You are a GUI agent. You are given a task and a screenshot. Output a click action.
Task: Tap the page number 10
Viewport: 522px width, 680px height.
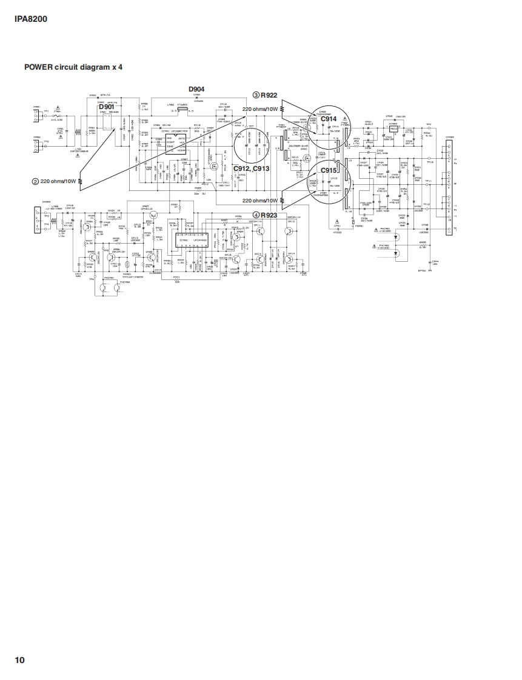pyautogui.click(x=20, y=659)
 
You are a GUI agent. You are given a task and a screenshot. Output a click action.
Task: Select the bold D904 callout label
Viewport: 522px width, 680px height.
pyautogui.click(x=196, y=88)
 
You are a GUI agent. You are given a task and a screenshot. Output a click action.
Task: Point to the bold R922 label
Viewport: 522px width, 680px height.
pyautogui.click(x=269, y=95)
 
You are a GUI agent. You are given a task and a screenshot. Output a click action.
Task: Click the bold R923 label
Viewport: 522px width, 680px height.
pyautogui.click(x=269, y=215)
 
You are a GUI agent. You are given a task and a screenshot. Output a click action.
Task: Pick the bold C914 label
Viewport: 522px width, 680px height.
pyautogui.click(x=329, y=119)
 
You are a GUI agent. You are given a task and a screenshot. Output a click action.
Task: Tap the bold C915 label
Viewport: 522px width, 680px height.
pyautogui.click(x=329, y=171)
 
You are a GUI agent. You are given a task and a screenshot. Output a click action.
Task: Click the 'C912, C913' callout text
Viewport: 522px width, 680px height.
pyautogui.click(x=252, y=168)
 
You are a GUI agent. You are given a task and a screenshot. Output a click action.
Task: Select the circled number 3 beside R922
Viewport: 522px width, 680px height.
pyautogui.click(x=256, y=95)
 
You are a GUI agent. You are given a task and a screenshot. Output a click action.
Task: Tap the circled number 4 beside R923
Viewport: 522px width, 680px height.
pyautogui.click(x=256, y=215)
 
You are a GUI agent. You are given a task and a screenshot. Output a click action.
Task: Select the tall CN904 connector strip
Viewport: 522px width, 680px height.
pyautogui.click(x=449, y=185)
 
